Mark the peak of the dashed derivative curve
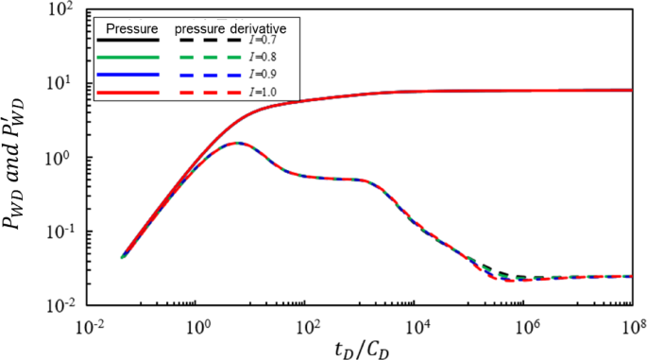click(237, 144)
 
